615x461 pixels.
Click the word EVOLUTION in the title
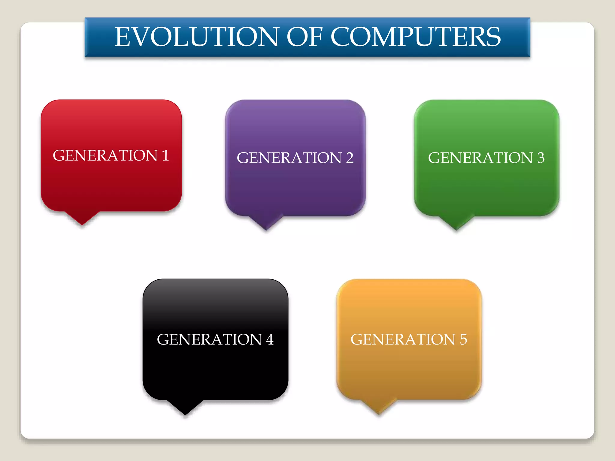click(197, 37)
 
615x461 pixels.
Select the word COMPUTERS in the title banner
click(416, 37)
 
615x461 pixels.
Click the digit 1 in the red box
click(165, 155)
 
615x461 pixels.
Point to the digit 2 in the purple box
click(349, 158)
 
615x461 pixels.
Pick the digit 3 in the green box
click(541, 158)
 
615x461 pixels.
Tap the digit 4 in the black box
click(269, 339)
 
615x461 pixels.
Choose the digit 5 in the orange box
click(463, 339)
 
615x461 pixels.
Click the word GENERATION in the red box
click(105, 155)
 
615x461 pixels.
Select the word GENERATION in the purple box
click(289, 158)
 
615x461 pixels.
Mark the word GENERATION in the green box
click(480, 158)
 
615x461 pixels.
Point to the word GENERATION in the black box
click(209, 339)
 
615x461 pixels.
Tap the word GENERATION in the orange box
click(403, 339)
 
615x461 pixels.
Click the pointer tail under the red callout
click(82, 217)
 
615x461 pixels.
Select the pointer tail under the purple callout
click(266, 222)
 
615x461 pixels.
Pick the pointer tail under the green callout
click(456, 222)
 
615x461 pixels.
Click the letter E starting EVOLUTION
click(123, 37)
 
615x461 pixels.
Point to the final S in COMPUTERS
click(493, 37)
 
